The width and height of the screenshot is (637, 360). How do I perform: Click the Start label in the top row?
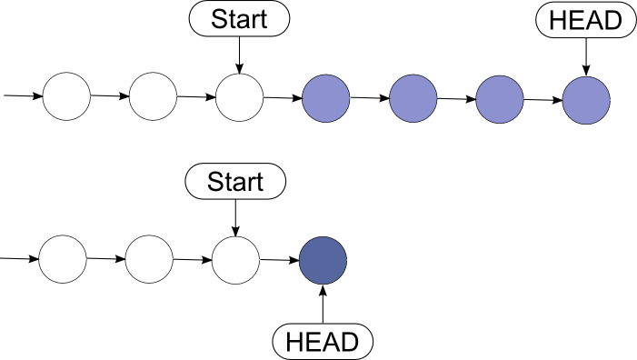click(x=238, y=18)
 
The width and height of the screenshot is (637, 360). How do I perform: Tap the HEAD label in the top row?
click(x=585, y=20)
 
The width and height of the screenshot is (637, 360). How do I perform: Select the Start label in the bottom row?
click(x=235, y=181)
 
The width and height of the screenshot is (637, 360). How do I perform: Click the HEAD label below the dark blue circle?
click(x=323, y=342)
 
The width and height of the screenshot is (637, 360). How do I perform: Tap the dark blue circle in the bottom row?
click(x=323, y=261)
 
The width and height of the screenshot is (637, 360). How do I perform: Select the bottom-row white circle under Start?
click(x=235, y=260)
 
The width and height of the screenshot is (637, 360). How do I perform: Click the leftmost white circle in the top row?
click(x=67, y=95)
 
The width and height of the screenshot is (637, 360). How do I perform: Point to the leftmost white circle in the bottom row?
click(x=63, y=259)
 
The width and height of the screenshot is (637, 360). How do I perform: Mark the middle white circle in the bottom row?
click(x=149, y=259)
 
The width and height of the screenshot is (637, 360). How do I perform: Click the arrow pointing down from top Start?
click(x=239, y=55)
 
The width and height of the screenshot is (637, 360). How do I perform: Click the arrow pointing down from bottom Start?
click(x=235, y=218)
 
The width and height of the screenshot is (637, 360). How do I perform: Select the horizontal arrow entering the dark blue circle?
click(x=279, y=261)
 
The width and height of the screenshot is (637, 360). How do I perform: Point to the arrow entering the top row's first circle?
click(x=23, y=95)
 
